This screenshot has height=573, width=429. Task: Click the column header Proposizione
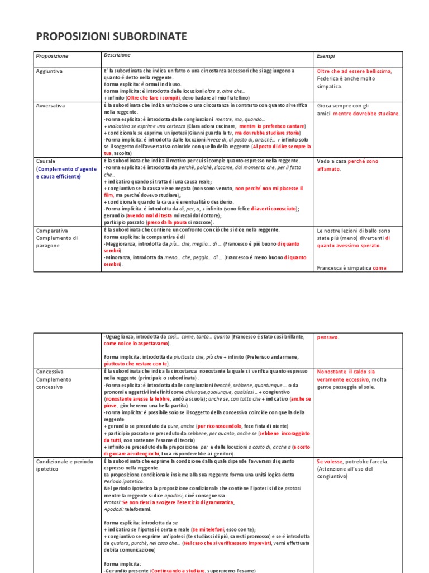pos(52,57)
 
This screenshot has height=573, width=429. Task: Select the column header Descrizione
pos(117,55)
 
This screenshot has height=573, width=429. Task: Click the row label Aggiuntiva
pos(49,72)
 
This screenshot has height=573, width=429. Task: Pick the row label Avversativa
pos(50,105)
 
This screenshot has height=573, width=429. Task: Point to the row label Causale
pos(46,161)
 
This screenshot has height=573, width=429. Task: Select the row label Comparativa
pos(53,230)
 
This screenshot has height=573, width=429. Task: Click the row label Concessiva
pos(50,372)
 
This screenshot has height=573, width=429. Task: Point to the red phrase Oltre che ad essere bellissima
pos(354,72)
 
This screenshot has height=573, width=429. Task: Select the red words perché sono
pos(363,161)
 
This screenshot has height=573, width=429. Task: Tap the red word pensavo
pos(328,337)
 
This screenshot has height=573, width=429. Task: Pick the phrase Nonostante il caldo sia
pos(346,372)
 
